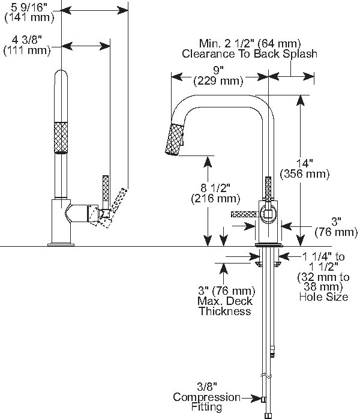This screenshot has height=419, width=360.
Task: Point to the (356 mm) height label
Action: pyautogui.click(x=305, y=174)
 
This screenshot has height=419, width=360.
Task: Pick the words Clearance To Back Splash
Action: pyautogui.click(x=249, y=54)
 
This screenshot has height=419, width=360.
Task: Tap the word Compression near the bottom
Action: pyautogui.click(x=206, y=397)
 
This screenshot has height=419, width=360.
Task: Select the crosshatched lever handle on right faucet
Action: pyautogui.click(x=244, y=214)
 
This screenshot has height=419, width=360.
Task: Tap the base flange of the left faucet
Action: pyautogui.click(x=62, y=243)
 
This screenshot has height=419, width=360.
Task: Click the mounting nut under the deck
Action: pyautogui.click(x=268, y=262)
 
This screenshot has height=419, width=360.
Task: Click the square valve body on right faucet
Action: pyautogui.click(x=268, y=213)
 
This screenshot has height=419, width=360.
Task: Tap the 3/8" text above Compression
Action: pyautogui.click(x=206, y=387)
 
